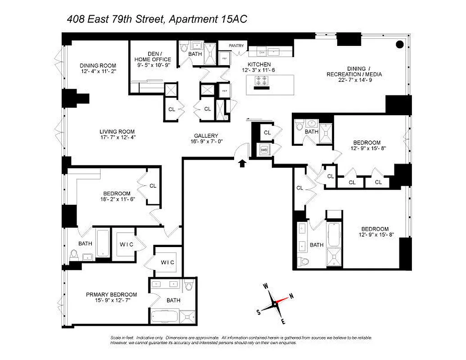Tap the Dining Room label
98,65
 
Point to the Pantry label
236,45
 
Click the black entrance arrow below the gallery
242,163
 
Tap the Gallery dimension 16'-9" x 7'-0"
206,141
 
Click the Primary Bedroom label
111,295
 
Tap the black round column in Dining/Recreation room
399,44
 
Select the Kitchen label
258,64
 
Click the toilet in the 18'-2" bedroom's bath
74,255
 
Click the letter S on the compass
258,311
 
